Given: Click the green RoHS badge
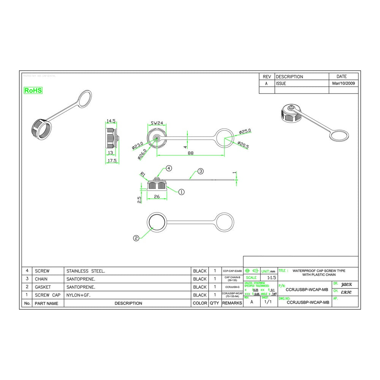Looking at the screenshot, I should pos(33,90).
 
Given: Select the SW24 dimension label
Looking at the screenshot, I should pos(157,123).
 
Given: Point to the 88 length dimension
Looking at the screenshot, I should pos(190,153).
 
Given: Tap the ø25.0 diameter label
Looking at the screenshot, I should pos(245,131).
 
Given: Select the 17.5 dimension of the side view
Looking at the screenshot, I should pos(111,161).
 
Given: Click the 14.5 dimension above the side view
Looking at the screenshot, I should pos(111,121).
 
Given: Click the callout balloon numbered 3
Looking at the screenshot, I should pos(201,171).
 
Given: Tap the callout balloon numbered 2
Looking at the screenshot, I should pos(136,238).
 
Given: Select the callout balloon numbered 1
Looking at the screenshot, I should pos(181,192).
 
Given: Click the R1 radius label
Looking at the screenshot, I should pos(143,175).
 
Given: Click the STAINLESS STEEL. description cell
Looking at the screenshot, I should pos(86,271).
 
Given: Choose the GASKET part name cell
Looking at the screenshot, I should pos(43,287).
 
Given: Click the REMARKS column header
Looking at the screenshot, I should pos(232,303).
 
